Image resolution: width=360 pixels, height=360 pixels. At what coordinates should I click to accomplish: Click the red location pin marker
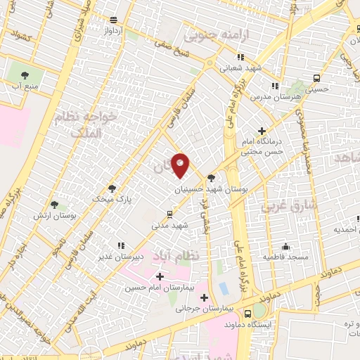(x=181, y=165)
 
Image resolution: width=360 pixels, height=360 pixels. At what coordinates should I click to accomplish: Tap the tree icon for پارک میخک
(x=112, y=188)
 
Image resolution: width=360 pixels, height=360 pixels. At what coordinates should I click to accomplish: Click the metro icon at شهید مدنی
(x=169, y=214)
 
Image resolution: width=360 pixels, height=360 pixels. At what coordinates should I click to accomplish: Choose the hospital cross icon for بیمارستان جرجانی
(x=205, y=296)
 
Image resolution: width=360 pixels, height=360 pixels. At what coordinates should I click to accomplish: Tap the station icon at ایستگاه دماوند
(x=247, y=314)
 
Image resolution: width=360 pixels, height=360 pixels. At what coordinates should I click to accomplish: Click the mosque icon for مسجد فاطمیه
(x=285, y=247)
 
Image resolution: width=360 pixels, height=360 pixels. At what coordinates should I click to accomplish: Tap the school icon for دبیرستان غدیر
(x=121, y=245)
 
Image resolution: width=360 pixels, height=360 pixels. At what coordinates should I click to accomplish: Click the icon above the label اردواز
(x=115, y=20)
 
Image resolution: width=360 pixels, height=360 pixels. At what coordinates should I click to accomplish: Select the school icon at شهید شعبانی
(x=240, y=58)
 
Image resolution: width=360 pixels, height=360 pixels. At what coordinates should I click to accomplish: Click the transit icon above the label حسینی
(x=317, y=78)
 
